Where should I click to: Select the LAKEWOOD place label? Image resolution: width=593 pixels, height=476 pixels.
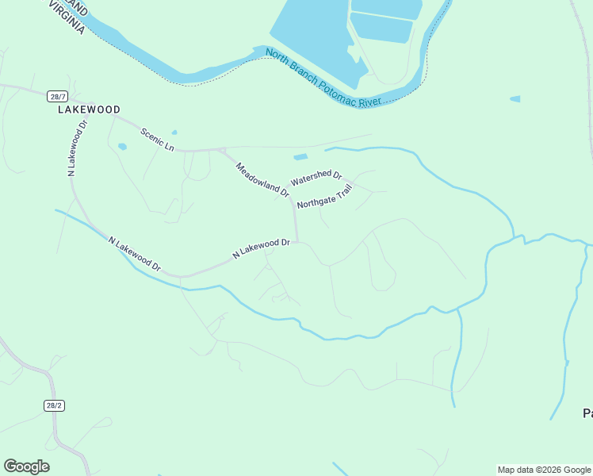coord(89,109)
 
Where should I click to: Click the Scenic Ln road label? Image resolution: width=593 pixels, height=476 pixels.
coord(157,139)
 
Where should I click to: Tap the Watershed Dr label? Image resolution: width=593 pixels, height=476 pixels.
coord(316,178)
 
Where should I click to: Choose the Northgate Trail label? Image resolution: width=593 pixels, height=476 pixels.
coord(323,198)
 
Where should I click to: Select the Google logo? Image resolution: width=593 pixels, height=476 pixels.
coord(26,466)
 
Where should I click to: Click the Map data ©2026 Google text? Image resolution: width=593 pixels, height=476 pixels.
coord(544,470)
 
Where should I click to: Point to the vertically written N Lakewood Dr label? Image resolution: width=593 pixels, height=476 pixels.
coord(76,147)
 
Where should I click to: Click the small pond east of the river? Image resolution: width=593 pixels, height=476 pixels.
coord(515,99)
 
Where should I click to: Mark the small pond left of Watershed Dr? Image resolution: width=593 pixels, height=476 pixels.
coord(300,157)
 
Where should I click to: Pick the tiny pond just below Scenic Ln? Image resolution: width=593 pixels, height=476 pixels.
coord(174,132)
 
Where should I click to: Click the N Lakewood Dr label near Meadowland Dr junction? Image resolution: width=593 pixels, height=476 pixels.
coord(261,248)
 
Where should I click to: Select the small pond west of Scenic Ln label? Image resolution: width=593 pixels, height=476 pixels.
coord(122,146)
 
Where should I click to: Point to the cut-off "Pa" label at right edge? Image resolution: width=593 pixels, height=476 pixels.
coord(587,413)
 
